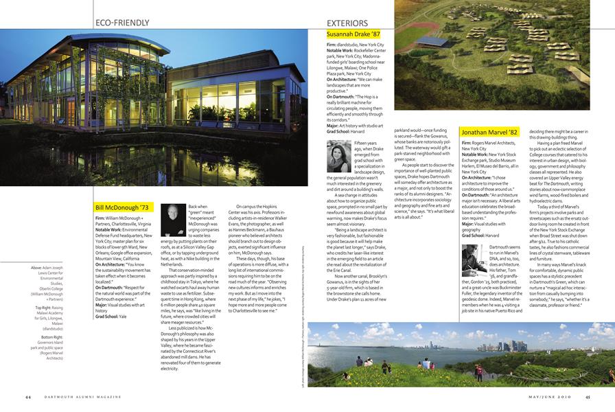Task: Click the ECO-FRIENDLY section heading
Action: [x=122, y=23]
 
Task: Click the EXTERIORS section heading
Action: [x=347, y=23]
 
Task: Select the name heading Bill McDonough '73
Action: [x=121, y=207]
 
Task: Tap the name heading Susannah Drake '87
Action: [x=353, y=34]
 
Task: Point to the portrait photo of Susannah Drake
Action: [x=339, y=156]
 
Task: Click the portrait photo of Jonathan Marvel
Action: [x=474, y=260]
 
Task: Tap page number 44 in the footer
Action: [x=28, y=397]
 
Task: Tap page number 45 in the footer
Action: [x=588, y=397]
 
